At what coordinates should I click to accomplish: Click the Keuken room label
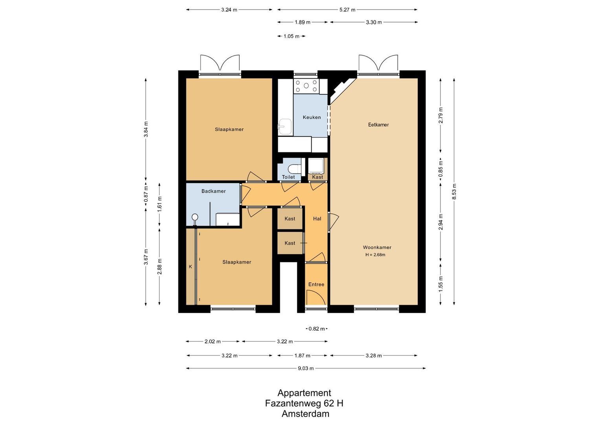pos(312,117)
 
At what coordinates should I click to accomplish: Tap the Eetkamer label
pos(378,125)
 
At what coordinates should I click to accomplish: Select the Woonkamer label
pos(377,248)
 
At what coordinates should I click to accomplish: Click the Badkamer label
pos(213,191)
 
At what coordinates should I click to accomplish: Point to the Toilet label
pos(288,177)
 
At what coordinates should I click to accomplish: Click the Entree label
pos(316,285)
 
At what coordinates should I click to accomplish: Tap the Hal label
pos(317,219)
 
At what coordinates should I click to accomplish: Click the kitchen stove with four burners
pos(306,86)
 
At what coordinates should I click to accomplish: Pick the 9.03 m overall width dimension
pos(306,368)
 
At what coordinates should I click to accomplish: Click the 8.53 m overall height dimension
pos(454,192)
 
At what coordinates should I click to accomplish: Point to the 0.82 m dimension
pos(316,329)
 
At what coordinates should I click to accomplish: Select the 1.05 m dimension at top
pos(291,36)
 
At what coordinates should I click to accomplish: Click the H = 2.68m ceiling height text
pos(375,255)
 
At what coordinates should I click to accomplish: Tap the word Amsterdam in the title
pos(305,414)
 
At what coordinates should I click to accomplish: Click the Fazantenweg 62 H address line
pos(304,403)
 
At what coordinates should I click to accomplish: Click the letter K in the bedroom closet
pos(190,266)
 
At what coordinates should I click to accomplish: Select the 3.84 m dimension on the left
pos(146,129)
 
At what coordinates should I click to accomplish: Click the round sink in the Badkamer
pos(194,217)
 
